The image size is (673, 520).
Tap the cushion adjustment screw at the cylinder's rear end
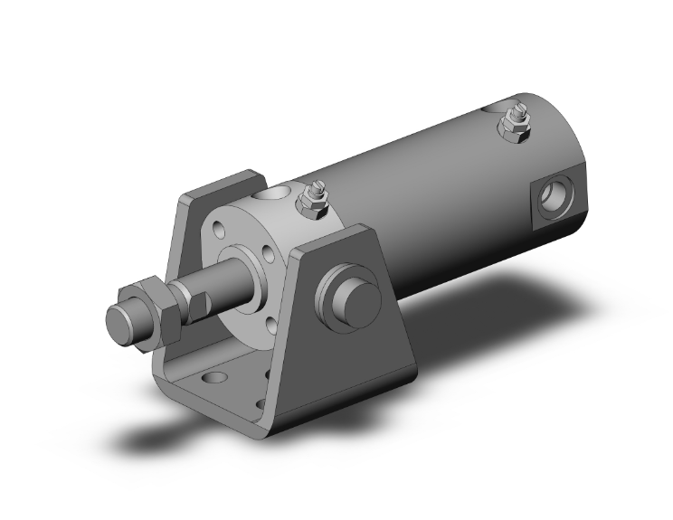[x=517, y=124]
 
